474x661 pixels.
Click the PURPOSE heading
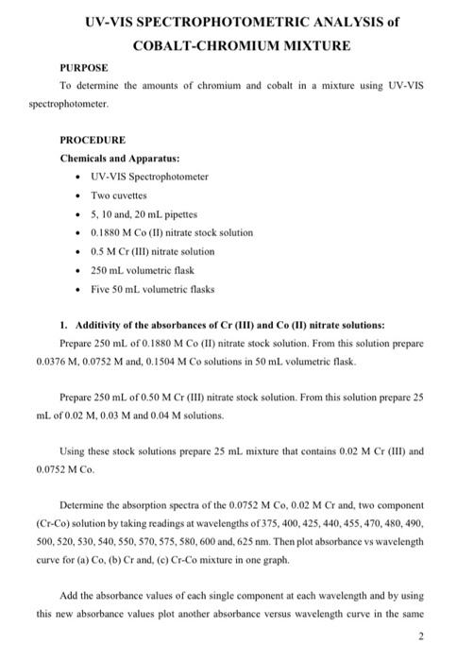click(x=84, y=68)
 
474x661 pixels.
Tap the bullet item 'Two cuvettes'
click(x=119, y=195)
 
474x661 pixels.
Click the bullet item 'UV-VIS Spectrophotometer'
click(x=149, y=176)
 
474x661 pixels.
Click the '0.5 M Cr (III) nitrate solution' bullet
click(x=153, y=251)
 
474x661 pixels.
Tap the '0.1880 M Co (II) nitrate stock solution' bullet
click(x=172, y=232)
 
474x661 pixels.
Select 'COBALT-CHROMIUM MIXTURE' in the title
click(x=241, y=44)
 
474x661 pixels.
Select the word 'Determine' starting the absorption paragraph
click(x=79, y=504)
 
